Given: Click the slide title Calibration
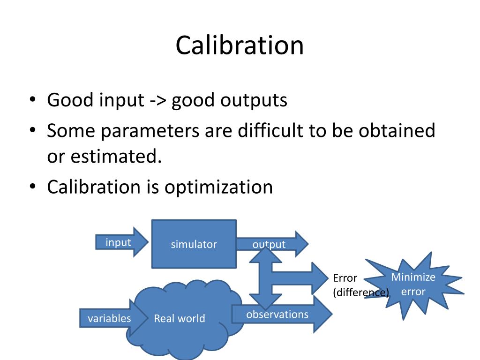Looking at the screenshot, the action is click(240, 45).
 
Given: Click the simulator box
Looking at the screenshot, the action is click(194, 244).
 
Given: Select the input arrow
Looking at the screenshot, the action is click(120, 242).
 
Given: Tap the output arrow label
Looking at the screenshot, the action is click(269, 244).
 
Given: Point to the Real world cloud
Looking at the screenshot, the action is click(180, 318).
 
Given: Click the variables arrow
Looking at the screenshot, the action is click(109, 318).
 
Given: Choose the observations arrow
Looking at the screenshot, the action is click(277, 314).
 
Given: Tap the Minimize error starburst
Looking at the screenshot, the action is click(413, 284).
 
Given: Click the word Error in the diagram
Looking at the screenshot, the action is click(345, 278).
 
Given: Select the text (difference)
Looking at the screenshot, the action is click(361, 293).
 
